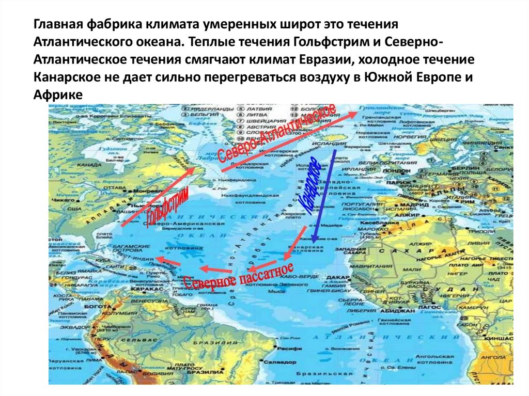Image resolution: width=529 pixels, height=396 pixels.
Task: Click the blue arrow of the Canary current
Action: [x=324, y=196]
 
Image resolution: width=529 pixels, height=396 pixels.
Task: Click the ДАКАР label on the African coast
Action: [x=337, y=277]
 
